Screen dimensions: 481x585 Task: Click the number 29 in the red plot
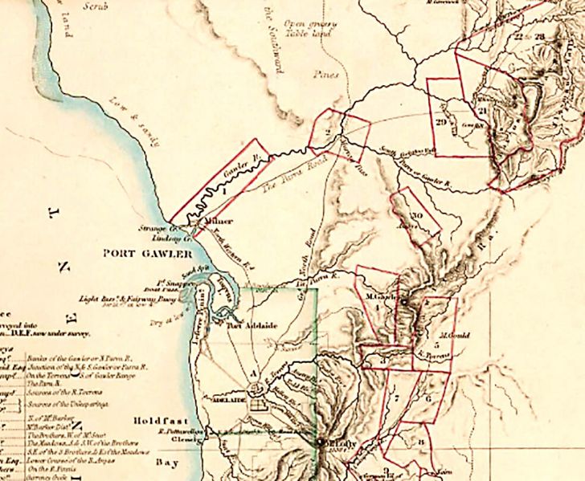[440, 121]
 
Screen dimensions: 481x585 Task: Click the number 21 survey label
[483, 110]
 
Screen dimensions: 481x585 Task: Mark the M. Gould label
[453, 335]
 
